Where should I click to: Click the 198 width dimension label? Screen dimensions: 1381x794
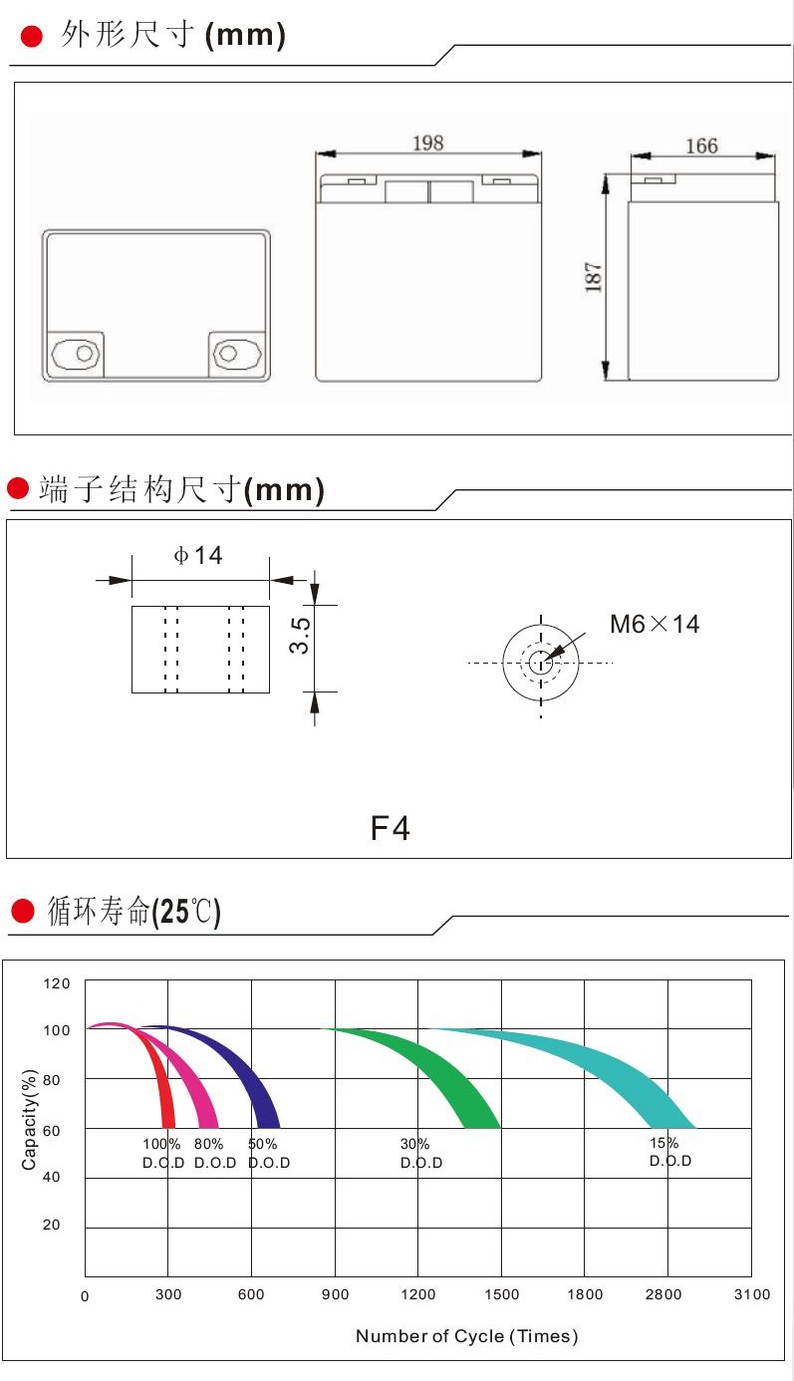(x=427, y=142)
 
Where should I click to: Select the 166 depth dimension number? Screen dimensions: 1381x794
(x=701, y=145)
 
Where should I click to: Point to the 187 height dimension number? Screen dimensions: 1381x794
(x=595, y=276)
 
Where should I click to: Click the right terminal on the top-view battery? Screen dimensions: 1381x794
(x=235, y=354)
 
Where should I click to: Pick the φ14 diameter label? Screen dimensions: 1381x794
(x=198, y=555)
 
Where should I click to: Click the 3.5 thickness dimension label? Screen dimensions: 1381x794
(x=300, y=635)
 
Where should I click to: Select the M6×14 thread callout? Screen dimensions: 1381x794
(x=655, y=625)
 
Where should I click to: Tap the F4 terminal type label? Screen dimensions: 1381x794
(x=390, y=828)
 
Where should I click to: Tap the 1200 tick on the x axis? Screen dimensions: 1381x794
(x=418, y=1294)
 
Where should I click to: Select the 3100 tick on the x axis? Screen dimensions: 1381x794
(x=751, y=1294)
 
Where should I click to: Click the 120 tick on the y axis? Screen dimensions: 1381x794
(x=58, y=984)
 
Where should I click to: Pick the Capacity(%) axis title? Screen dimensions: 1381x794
(x=30, y=1119)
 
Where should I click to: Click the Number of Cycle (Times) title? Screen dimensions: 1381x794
(x=466, y=1336)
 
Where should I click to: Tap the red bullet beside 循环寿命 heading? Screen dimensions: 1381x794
(x=23, y=911)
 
